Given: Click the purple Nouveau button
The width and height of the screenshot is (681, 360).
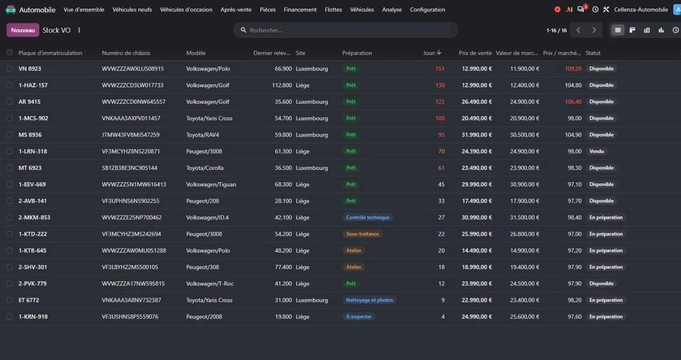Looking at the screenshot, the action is pos(23,30).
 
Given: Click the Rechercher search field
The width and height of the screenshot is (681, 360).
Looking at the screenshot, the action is pos(346,30).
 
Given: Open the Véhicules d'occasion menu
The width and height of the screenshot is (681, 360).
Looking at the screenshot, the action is pos(186,10).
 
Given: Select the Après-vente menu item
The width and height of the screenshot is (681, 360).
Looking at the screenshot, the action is pos(236,10).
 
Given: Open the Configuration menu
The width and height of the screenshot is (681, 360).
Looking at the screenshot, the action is pos(427,10).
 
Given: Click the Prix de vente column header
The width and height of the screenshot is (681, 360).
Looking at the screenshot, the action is pos(475,53).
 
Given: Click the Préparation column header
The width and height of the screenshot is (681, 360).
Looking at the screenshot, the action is pos(357,53).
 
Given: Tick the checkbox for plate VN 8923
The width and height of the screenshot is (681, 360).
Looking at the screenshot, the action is pos(10,69).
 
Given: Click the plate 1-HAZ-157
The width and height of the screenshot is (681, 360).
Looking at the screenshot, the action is pos(33,85).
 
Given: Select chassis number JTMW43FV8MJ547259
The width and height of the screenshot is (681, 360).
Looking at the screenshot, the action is pos(131,135).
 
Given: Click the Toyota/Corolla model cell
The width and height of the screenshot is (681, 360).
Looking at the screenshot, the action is pos(205,168).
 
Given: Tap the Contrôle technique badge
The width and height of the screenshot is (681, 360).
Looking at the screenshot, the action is pos(367,217).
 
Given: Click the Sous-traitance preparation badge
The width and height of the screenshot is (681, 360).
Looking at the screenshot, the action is pos(362,234).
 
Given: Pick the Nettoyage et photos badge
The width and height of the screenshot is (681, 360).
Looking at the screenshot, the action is pos(369,300).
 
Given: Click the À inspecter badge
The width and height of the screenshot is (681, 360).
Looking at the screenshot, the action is pos(359,317).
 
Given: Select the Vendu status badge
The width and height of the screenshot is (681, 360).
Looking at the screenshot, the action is pos(596,151).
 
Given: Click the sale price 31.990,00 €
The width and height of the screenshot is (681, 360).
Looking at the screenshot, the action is pos(477,135).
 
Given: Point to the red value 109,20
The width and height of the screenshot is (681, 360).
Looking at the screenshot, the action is pos(573,69).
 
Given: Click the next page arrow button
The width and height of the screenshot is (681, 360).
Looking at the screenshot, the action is pos(594,30).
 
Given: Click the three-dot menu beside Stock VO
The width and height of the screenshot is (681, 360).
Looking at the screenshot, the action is pos(79,30).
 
